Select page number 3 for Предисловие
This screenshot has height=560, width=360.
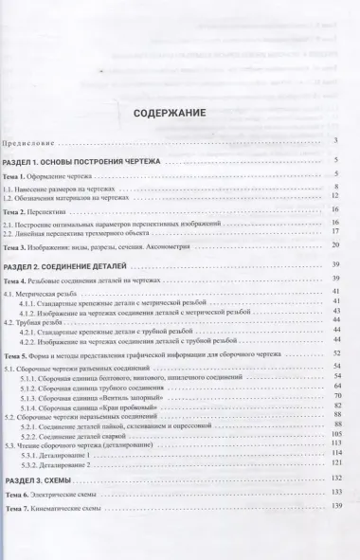[335, 141]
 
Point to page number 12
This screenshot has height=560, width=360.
[334, 197]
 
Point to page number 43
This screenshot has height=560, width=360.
[334, 312]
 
